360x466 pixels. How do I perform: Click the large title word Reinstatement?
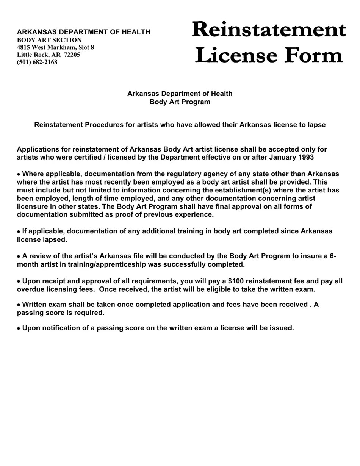(269, 29)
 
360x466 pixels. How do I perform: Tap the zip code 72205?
(72, 55)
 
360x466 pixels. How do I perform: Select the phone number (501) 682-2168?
(37, 62)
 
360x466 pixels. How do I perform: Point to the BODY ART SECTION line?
(49, 40)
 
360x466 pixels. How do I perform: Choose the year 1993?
(306, 157)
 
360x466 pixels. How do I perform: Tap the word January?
(282, 157)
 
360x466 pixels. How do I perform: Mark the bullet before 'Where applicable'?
(19, 175)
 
